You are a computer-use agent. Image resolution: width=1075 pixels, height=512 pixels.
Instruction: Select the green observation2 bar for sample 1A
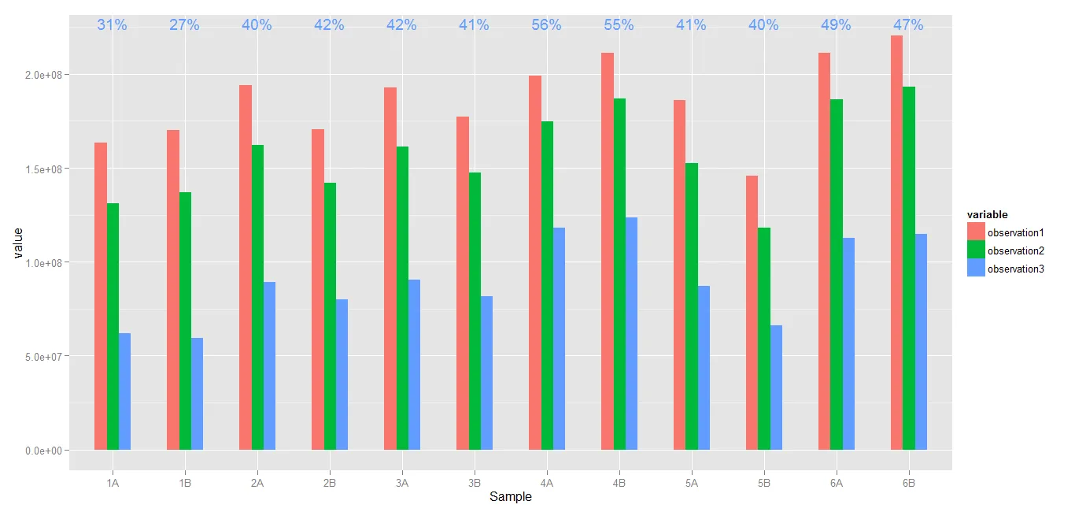pyautogui.click(x=113, y=326)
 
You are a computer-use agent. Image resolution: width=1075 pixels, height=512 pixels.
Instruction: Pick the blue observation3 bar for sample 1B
pyautogui.click(x=197, y=394)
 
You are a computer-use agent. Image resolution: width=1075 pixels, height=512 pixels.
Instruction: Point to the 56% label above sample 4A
pyautogui.click(x=546, y=25)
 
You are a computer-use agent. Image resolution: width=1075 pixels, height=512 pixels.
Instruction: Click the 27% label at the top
pyautogui.click(x=184, y=25)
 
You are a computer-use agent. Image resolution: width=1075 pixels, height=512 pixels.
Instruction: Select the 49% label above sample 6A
pyautogui.click(x=836, y=25)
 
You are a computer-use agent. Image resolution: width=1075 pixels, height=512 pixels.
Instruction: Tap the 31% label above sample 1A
pyautogui.click(x=112, y=25)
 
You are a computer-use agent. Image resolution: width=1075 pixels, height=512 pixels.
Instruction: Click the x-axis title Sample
pyautogui.click(x=510, y=497)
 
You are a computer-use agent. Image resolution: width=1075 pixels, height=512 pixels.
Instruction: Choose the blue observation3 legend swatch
pyautogui.click(x=976, y=268)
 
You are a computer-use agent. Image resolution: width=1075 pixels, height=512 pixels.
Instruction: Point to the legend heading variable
pyautogui.click(x=987, y=215)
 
